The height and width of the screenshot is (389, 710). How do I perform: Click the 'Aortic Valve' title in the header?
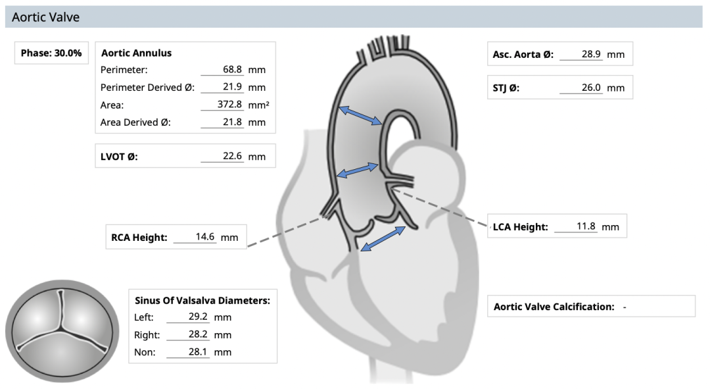(x=45, y=17)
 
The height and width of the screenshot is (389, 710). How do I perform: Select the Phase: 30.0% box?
(x=51, y=53)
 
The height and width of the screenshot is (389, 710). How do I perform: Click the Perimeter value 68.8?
(x=233, y=69)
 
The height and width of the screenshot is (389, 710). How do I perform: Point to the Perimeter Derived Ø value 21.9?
(x=233, y=87)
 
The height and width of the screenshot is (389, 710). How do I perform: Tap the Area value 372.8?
(x=230, y=105)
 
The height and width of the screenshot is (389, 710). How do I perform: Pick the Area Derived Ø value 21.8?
(x=233, y=122)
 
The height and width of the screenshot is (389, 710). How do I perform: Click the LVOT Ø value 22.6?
(x=233, y=156)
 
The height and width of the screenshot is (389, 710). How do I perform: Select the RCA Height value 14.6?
(x=205, y=237)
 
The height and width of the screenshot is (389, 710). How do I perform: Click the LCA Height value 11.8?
(x=586, y=226)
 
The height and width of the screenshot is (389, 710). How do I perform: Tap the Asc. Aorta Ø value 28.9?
(x=591, y=54)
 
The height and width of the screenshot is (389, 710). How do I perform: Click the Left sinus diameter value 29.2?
(x=198, y=317)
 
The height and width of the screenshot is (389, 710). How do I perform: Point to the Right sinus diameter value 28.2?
(x=198, y=334)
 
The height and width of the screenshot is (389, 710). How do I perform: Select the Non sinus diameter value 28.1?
(x=198, y=352)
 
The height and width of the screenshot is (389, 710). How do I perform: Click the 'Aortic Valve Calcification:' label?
(x=554, y=307)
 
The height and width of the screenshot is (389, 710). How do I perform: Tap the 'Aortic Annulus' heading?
(x=136, y=53)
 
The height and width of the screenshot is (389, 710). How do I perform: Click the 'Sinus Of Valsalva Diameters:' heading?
(x=202, y=300)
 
